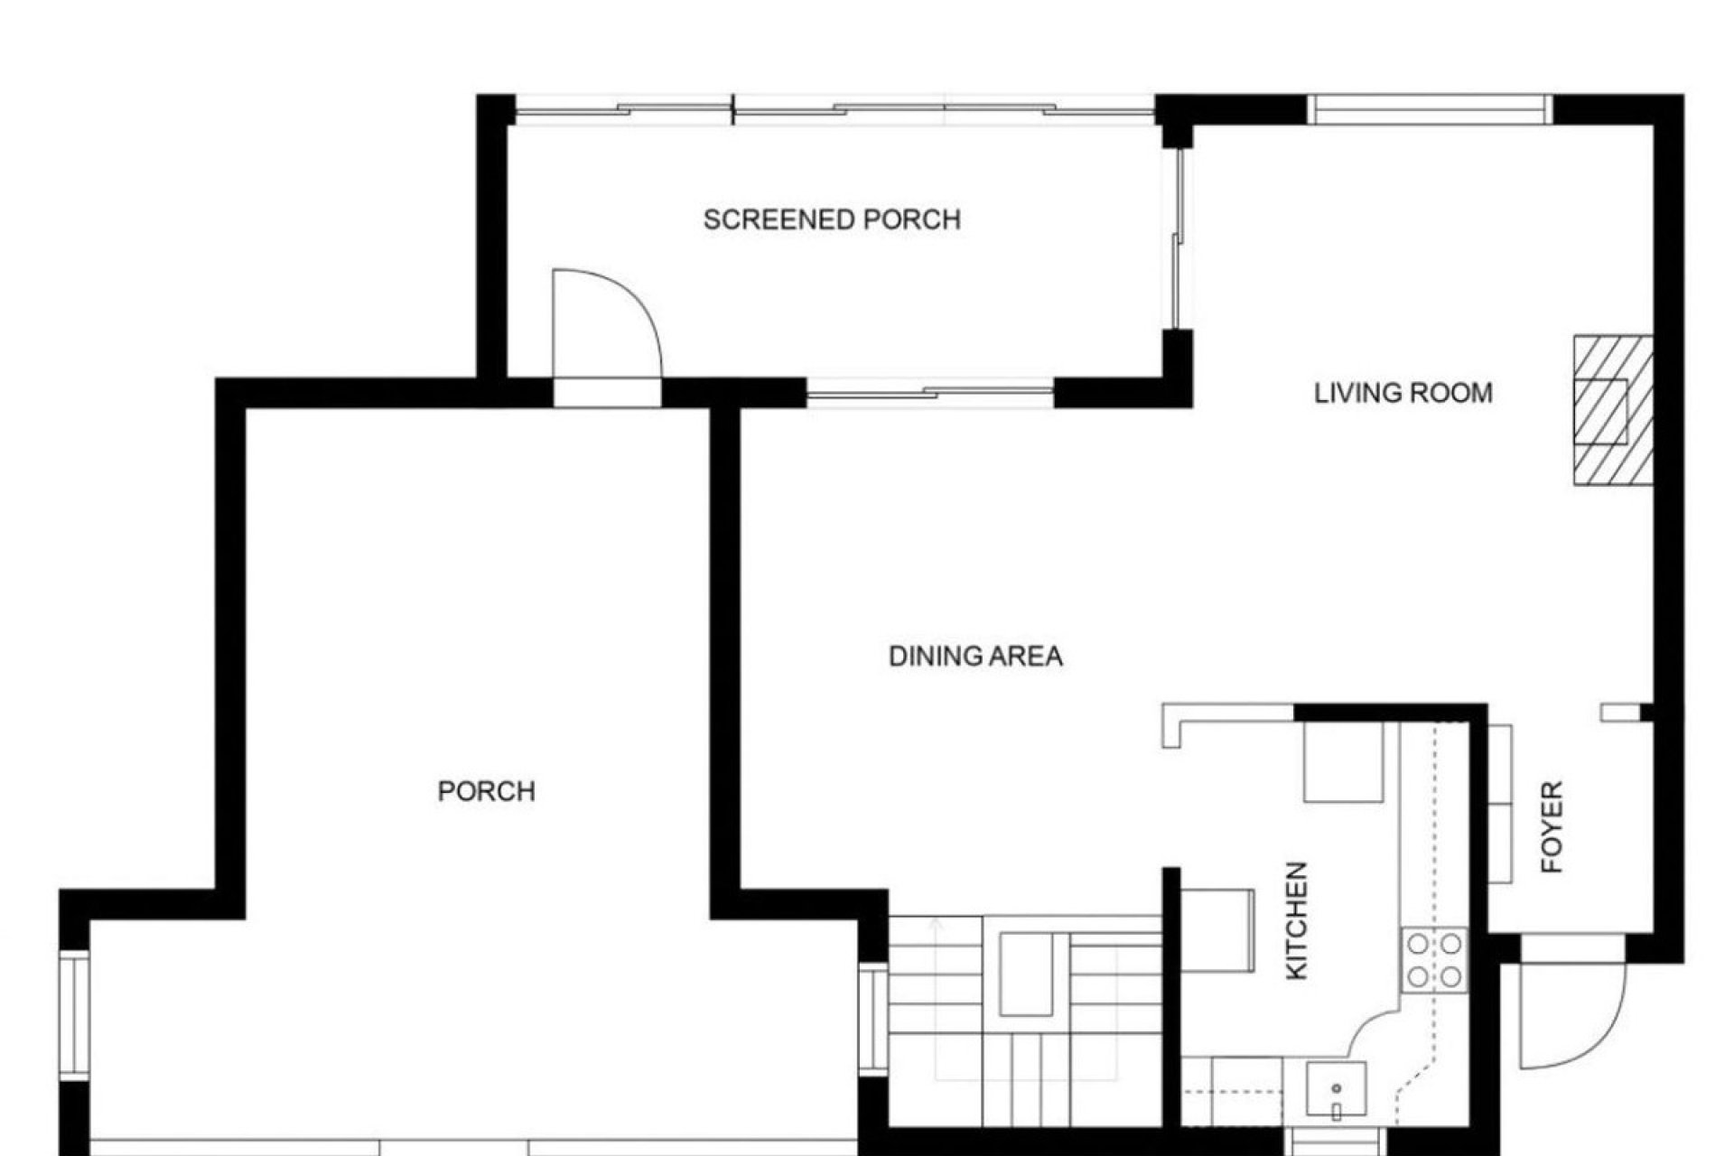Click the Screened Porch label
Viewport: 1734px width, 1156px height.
click(x=832, y=219)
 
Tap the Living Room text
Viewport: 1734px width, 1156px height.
click(x=1403, y=393)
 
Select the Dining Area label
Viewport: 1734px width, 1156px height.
click(x=975, y=656)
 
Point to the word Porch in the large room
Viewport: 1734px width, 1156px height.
click(x=486, y=791)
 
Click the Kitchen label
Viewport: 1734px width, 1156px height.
click(x=1296, y=920)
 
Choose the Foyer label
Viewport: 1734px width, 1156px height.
click(x=1552, y=826)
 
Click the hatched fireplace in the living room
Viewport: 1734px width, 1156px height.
click(x=1613, y=410)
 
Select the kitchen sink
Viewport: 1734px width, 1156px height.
click(x=1336, y=1089)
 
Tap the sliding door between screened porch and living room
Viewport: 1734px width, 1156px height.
click(x=1177, y=239)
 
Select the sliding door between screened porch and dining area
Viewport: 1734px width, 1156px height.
click(x=930, y=393)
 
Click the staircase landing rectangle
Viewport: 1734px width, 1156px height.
click(x=1026, y=974)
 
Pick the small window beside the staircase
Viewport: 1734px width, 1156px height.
click(x=873, y=1019)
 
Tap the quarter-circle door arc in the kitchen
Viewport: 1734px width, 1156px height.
click(x=1373, y=1030)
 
